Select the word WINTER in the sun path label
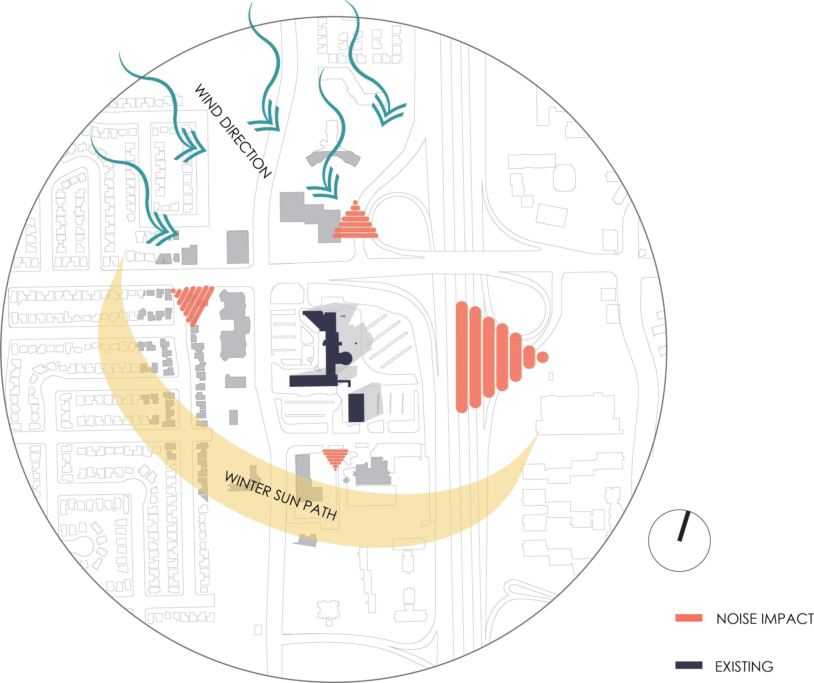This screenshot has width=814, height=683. tap(248, 484)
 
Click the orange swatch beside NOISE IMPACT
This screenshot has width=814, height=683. tap(689, 618)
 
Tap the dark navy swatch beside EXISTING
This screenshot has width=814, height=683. tap(689, 665)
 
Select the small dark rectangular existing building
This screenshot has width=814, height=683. tap(356, 408)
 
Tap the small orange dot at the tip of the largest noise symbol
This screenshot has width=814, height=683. tap(543, 357)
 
